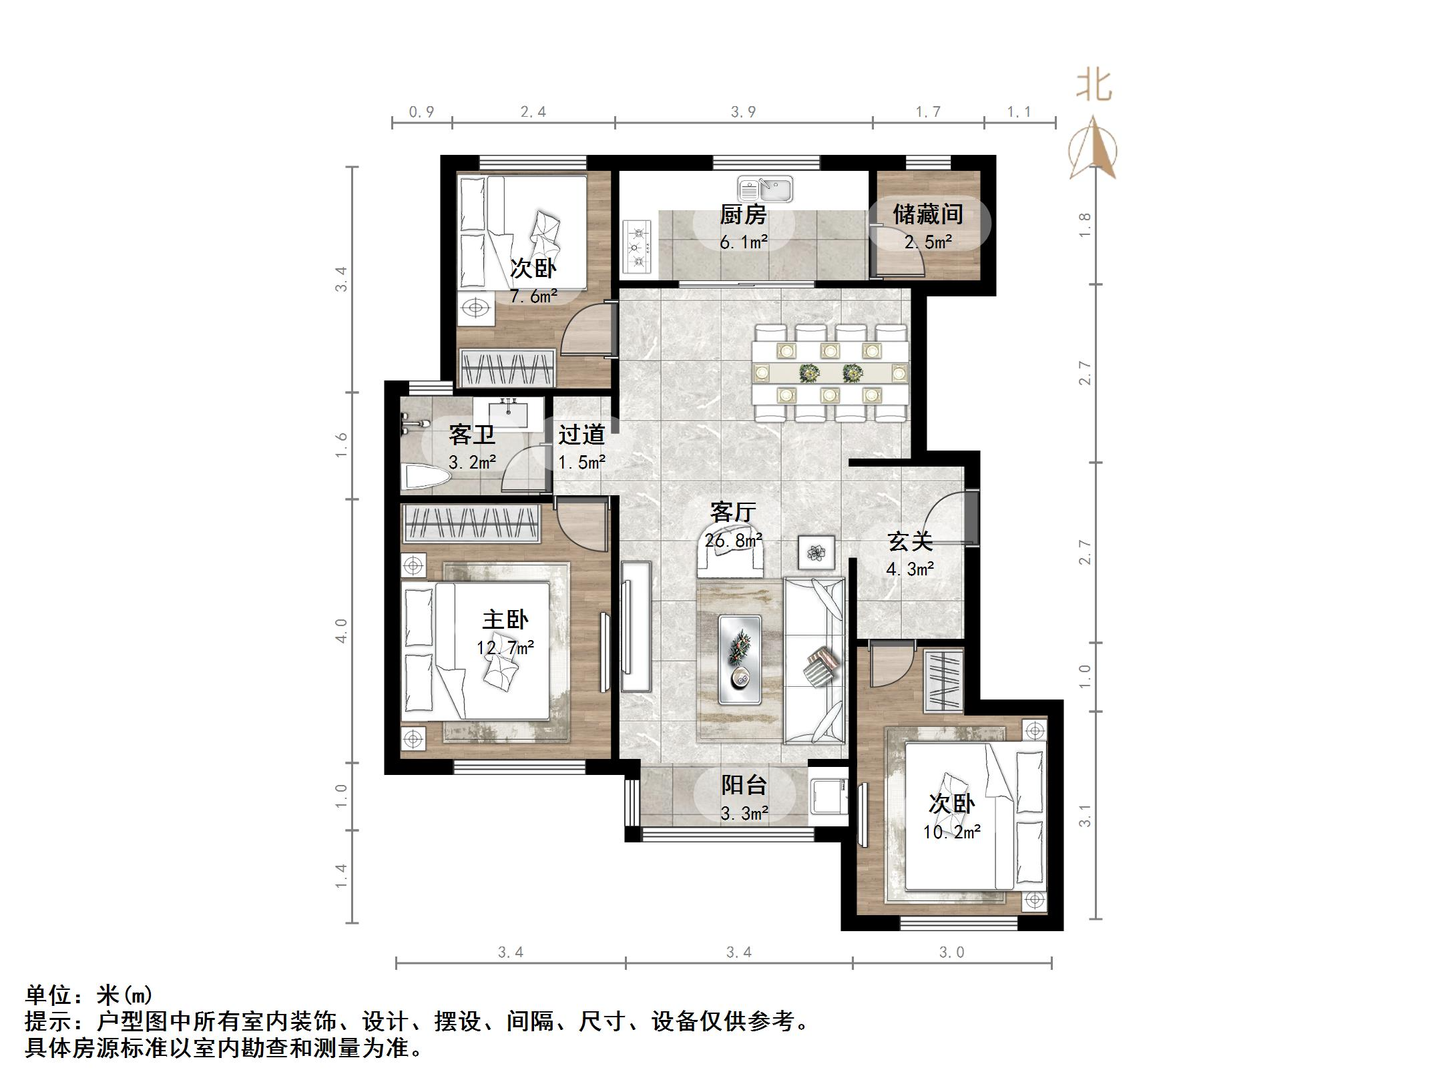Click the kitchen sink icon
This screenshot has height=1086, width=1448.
(x=765, y=189)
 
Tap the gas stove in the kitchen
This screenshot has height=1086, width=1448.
(x=637, y=248)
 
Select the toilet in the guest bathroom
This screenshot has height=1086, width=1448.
(x=428, y=477)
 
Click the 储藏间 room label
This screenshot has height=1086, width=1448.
(x=928, y=214)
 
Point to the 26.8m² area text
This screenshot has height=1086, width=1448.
(x=733, y=539)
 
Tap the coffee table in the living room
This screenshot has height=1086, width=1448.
(x=740, y=659)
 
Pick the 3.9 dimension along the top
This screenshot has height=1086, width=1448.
(x=743, y=112)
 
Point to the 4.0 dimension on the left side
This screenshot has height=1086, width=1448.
(x=341, y=630)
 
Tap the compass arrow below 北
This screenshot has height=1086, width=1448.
(x=1093, y=148)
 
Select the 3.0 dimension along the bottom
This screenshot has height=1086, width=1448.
(x=952, y=953)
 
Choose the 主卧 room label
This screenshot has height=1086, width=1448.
(x=505, y=620)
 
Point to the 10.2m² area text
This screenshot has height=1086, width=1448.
(x=952, y=832)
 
